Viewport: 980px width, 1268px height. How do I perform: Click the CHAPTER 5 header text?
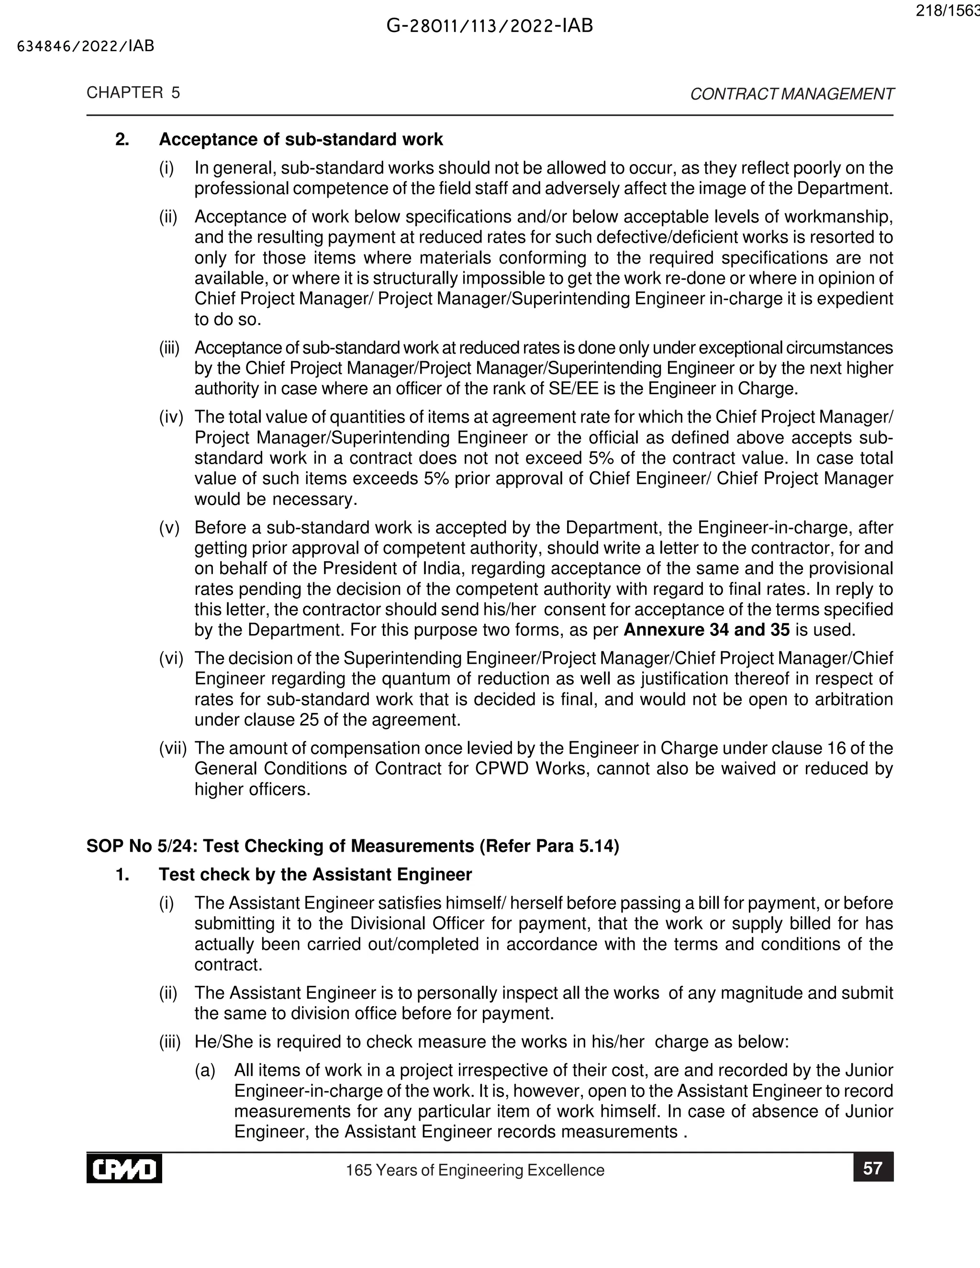(134, 93)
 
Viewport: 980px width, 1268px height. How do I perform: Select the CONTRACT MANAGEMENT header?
(791, 94)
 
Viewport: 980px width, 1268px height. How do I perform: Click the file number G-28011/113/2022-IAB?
(490, 26)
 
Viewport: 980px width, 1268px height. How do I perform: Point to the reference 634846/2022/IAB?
(86, 46)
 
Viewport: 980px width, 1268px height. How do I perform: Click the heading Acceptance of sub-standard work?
(301, 139)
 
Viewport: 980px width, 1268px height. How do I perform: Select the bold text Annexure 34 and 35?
(707, 630)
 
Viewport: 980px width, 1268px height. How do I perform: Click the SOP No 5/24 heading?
(352, 846)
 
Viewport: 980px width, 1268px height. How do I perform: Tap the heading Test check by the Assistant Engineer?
(315, 874)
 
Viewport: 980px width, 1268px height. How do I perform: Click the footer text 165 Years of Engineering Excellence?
(475, 1170)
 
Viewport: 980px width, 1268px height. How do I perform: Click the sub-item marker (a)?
(205, 1070)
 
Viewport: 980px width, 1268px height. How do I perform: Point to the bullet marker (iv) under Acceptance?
(171, 417)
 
